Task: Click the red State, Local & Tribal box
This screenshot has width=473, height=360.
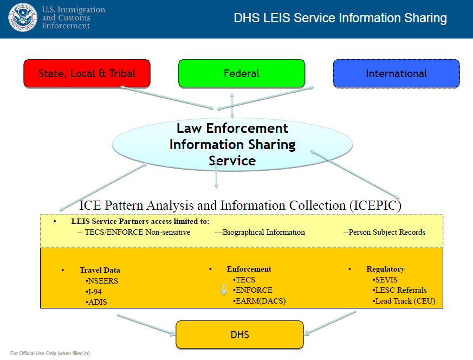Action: point(87,73)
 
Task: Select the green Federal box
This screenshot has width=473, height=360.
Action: point(242,73)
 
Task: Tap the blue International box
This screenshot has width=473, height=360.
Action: point(396,73)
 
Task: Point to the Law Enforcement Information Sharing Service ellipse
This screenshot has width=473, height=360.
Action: point(232,144)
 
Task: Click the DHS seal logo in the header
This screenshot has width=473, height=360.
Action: point(23,17)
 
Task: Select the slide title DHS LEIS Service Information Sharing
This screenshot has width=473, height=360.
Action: point(340,18)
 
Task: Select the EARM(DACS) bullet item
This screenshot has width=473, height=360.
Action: point(260,301)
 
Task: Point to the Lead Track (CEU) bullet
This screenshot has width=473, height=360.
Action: point(404,301)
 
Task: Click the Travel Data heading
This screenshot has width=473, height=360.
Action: point(100,270)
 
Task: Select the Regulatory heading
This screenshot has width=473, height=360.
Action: point(385,269)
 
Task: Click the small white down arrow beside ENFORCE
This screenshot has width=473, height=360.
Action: point(223,290)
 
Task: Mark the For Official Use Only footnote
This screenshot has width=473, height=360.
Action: point(50,353)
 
